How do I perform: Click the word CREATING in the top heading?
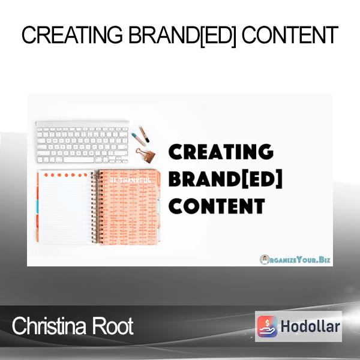(72, 35)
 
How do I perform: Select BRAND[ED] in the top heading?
(182, 36)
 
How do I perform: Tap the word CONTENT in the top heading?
(290, 35)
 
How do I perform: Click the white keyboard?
(82, 142)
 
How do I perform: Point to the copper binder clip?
(146, 155)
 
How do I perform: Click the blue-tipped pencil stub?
(139, 139)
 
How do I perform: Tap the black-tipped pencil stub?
(145, 134)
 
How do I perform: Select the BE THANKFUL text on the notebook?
(130, 181)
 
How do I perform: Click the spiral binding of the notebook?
(95, 206)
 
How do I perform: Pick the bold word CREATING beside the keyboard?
(221, 152)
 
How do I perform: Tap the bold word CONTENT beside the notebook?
(217, 206)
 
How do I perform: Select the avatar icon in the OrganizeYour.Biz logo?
(265, 259)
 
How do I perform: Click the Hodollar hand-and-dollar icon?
(267, 326)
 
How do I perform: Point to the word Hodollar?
(310, 326)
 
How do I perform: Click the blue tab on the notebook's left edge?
(38, 208)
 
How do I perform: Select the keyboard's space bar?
(79, 160)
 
